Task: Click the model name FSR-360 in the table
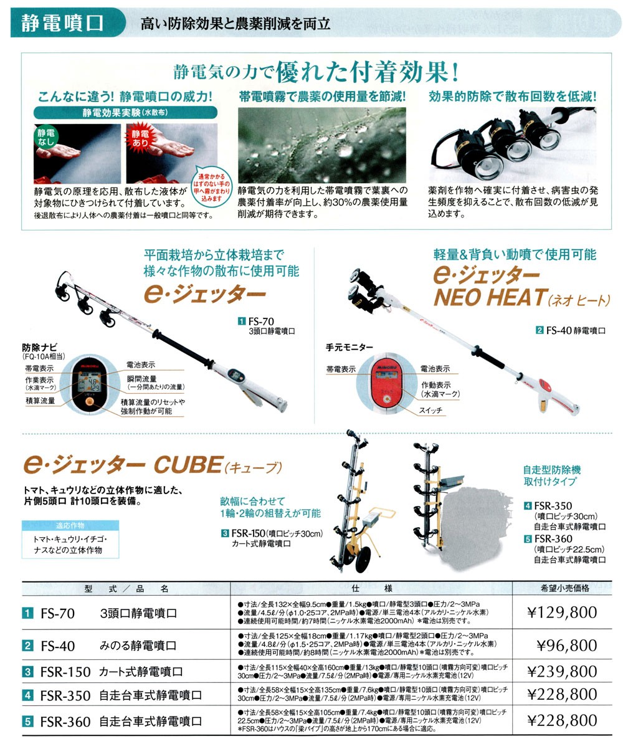coord(65,722)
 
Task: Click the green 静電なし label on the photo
coord(47,137)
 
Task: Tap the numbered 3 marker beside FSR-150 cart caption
coord(224,533)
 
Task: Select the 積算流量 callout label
coord(39,400)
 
